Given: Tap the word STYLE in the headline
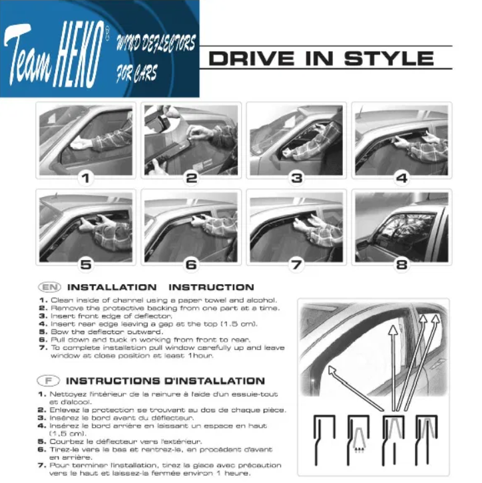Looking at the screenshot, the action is tap(389, 59).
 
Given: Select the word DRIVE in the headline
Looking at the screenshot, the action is tap(252, 59).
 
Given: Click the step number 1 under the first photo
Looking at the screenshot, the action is tap(86, 178).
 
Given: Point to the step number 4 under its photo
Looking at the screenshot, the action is tap(401, 178).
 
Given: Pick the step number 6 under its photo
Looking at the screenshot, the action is tap(191, 265).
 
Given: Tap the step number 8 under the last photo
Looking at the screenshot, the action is tap(401, 265).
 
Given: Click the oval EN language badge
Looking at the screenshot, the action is tap(50, 287).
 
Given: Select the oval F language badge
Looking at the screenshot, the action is tap(49, 381).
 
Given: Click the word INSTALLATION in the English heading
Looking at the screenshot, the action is tap(112, 287).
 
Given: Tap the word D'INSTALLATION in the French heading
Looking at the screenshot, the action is tap(214, 381).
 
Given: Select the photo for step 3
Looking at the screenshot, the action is tap(296, 140).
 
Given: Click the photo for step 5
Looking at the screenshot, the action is tap(86, 227).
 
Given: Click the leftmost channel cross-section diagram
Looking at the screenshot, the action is tap(324, 440).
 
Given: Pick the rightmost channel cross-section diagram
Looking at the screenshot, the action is tap(427, 440).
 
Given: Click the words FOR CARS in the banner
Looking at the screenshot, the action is tap(137, 73).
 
